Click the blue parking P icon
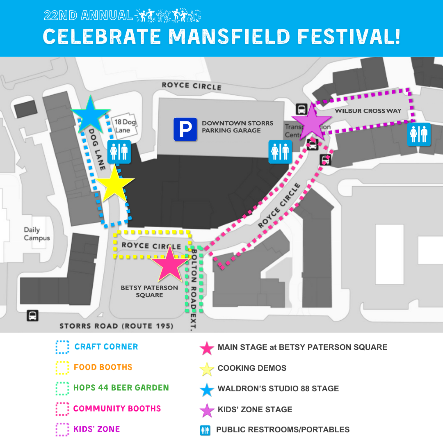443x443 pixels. [185, 129]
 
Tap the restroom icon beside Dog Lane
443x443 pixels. [119, 152]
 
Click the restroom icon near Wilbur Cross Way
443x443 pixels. [419, 134]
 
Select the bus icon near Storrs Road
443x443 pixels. [33, 316]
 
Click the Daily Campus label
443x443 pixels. [37, 234]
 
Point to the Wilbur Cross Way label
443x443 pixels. [368, 111]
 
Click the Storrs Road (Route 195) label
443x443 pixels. [116, 327]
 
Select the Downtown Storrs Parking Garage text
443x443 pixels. [237, 127]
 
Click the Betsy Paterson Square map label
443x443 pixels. [149, 291]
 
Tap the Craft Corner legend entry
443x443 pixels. [106, 347]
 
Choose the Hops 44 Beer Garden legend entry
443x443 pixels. [121, 388]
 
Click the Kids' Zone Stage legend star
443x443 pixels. [207, 410]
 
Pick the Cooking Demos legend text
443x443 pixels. [252, 368]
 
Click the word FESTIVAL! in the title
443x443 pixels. [349, 36]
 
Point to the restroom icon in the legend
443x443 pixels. [205, 430]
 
